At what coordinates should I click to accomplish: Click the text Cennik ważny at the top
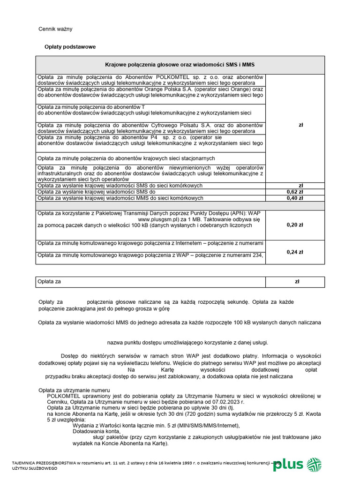(x=55, y=29)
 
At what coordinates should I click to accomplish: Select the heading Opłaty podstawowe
(x=70, y=47)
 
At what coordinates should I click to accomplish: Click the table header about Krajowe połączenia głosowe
(x=180, y=65)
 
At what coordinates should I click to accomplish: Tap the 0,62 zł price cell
(x=294, y=192)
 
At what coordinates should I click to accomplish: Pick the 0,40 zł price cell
(x=294, y=198)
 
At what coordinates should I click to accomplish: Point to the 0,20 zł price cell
(x=294, y=225)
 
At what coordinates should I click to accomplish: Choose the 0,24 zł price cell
(x=294, y=252)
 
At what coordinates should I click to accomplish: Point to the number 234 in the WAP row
(x=258, y=255)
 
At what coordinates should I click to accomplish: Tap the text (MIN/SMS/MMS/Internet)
(x=200, y=426)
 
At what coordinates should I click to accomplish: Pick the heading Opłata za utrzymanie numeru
(x=74, y=390)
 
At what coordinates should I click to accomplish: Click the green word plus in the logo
(x=288, y=465)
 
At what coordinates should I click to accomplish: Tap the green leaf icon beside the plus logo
(x=314, y=465)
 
